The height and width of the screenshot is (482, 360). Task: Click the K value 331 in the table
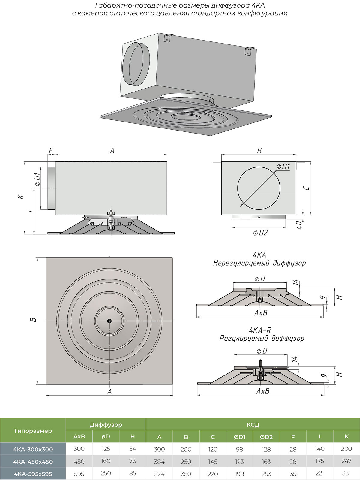click(346, 473)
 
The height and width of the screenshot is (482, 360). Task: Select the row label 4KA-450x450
click(33, 462)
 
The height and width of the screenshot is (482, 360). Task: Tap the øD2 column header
click(266, 437)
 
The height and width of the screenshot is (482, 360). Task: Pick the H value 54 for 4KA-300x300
click(132, 449)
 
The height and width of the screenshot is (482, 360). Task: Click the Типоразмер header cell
click(33, 431)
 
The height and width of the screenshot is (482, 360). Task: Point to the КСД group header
click(253, 425)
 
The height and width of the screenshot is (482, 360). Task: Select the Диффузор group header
click(106, 425)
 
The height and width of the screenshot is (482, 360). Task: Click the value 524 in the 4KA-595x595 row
click(159, 474)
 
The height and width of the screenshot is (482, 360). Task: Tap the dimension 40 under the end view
click(299, 225)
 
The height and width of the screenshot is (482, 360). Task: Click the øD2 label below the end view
click(260, 233)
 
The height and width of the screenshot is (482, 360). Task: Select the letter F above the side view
click(51, 150)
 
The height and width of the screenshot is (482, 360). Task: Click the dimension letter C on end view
click(306, 188)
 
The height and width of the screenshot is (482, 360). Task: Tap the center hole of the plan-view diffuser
click(109, 321)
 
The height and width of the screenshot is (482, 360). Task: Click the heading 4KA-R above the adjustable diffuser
click(260, 330)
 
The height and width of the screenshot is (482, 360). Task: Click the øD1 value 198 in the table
click(239, 474)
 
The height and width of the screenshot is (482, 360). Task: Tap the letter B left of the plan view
click(34, 320)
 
